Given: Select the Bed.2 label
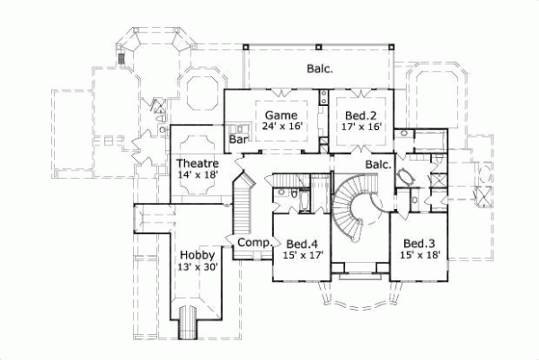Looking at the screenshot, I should click(357, 115).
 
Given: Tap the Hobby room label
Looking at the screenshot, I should click(196, 255).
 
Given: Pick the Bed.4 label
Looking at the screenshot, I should click(302, 242).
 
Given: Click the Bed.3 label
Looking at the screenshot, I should click(419, 242).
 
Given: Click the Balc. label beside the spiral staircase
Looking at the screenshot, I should click(377, 165).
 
